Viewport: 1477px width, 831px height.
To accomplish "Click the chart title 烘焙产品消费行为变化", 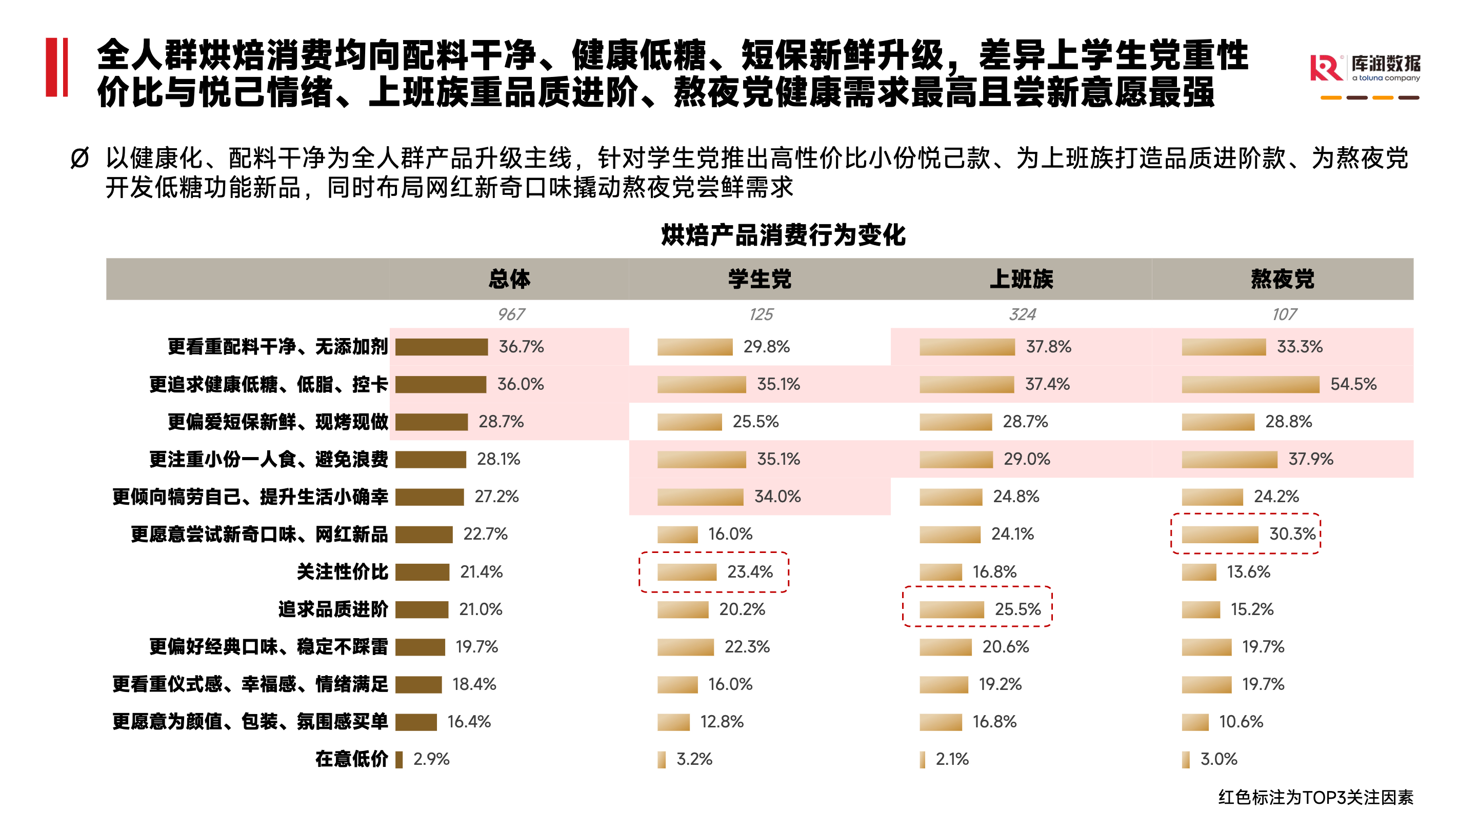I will [783, 235].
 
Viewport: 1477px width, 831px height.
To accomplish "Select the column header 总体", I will [509, 279].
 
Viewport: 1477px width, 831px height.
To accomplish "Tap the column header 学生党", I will [760, 279].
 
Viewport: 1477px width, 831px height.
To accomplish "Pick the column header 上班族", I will [1021, 279].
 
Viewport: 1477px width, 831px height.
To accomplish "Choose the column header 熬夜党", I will [1283, 279].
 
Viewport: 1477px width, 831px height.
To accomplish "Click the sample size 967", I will [511, 314].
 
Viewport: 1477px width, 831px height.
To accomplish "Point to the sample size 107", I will [1284, 314].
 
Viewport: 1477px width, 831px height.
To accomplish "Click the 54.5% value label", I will [1353, 384].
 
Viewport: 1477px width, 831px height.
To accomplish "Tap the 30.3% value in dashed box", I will [1292, 534].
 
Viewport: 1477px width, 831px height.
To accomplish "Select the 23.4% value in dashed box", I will [750, 572].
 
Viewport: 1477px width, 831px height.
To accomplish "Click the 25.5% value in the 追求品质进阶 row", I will [1017, 609].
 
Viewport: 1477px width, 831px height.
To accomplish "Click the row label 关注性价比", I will [342, 572].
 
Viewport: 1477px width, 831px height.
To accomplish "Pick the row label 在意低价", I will [351, 759].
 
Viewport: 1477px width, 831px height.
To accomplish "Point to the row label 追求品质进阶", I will [333, 609].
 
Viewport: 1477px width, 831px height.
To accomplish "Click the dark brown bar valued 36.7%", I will [442, 347].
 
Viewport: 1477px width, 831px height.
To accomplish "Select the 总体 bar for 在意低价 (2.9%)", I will [399, 759].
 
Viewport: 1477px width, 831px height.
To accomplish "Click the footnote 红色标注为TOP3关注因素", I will [1315, 797].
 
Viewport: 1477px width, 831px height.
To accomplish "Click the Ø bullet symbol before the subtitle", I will [79, 159].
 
